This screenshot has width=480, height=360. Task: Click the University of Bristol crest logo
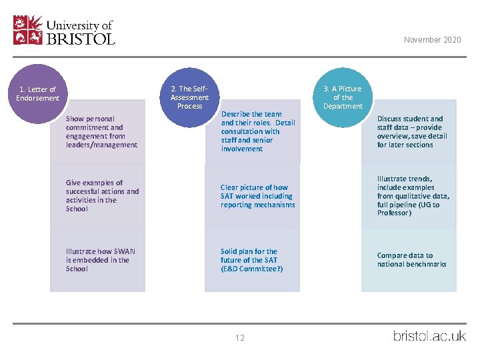point(28,30)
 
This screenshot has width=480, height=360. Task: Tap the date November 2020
point(432,40)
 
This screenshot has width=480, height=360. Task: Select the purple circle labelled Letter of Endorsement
point(37,94)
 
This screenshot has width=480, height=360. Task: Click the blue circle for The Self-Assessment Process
point(189,97)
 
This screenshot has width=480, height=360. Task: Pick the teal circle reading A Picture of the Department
point(343,97)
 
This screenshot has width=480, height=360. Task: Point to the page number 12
point(240,337)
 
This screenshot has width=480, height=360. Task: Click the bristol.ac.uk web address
point(429,336)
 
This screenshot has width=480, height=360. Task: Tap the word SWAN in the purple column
point(124,251)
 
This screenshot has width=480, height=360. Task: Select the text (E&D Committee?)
point(251,269)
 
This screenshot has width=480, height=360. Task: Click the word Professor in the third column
point(394,213)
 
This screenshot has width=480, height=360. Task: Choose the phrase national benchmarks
point(412,264)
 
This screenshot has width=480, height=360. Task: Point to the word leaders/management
point(101,145)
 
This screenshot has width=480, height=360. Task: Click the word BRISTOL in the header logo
point(81,39)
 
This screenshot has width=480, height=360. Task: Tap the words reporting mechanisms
point(258,205)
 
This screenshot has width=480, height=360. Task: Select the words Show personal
point(90,119)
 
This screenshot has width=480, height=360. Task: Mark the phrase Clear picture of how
point(254,187)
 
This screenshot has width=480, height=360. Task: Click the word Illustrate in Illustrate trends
point(390,179)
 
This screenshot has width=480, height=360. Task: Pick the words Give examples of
point(94,183)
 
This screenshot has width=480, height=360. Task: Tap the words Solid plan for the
point(249,251)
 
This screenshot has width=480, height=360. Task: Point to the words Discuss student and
point(410,119)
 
